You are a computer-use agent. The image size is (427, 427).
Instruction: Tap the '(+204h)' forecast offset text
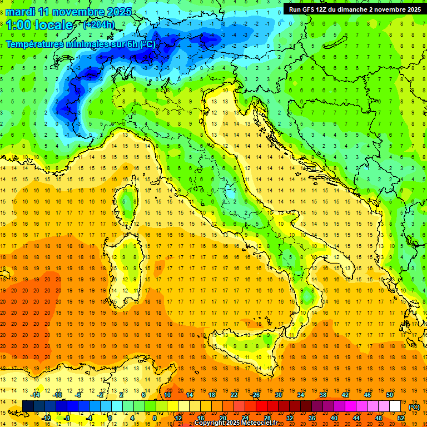tap(98, 24)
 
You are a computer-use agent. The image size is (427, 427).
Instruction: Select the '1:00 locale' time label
tap(39, 25)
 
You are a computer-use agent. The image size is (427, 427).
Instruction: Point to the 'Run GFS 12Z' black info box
tap(352, 9)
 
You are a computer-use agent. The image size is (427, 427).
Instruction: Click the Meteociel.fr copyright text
tap(240, 423)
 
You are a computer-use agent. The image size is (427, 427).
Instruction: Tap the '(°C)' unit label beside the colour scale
tap(414, 406)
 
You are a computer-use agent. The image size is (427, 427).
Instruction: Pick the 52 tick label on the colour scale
tap(401, 418)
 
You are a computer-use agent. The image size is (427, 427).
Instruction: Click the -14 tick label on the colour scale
tap(36, 394)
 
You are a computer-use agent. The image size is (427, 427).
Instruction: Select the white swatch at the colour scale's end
tap(395, 406)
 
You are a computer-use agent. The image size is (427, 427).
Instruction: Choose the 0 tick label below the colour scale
tap(110, 418)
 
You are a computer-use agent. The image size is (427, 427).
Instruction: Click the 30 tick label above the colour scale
tap(278, 394)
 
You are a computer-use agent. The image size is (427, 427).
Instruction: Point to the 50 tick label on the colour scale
tap(389, 394)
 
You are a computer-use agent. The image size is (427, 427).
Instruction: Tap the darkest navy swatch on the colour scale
tap(28, 406)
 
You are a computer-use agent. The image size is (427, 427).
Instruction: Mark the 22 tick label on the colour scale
tap(234, 394)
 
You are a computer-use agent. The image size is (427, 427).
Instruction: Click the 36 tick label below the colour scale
tap(312, 418)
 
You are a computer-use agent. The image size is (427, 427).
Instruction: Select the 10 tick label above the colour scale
tap(167, 394)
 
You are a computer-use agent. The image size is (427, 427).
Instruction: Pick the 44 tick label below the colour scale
tap(356, 418)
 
